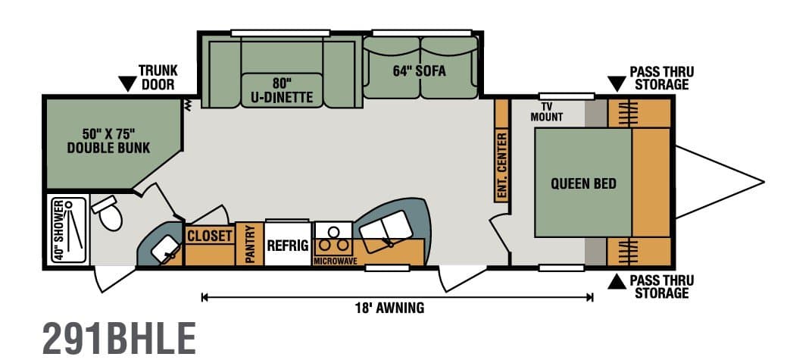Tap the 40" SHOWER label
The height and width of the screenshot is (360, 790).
(58, 230)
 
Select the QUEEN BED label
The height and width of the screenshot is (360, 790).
(583, 183)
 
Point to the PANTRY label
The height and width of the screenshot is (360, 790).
(249, 244)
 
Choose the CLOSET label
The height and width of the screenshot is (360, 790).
(210, 236)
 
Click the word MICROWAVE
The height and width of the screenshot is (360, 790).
(336, 261)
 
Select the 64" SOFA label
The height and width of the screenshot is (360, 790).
(419, 71)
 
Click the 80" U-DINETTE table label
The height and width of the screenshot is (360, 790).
(281, 90)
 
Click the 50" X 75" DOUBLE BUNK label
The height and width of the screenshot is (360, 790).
(109, 141)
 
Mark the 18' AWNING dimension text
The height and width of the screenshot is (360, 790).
(390, 308)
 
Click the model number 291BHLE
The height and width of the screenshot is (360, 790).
(119, 338)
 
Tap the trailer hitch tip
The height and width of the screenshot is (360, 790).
(763, 181)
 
